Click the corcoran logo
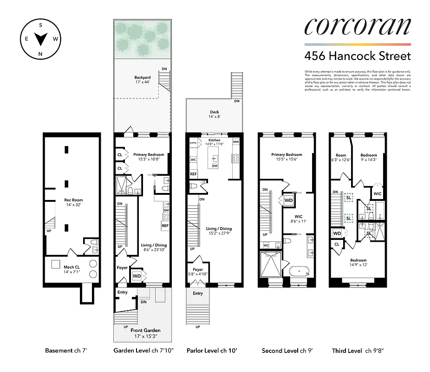[358, 27]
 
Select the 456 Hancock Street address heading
[358, 56]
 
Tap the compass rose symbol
[40, 40]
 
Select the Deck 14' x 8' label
[214, 114]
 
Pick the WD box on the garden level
[137, 276]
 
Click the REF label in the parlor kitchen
[193, 174]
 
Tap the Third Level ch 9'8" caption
[355, 351]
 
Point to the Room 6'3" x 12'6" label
[341, 158]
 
